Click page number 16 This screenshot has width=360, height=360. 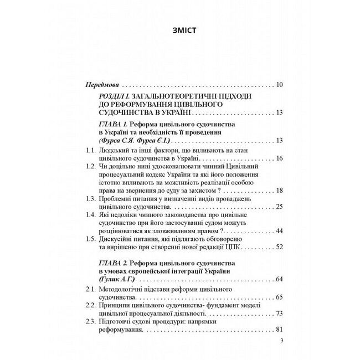pos(279,158)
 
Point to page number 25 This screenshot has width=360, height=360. pos(279,206)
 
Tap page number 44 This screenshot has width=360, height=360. pos(279,230)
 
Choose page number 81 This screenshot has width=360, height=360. pos(279,330)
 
